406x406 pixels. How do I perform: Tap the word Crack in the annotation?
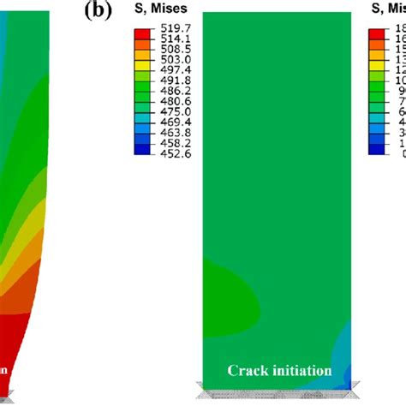click(247, 371)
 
